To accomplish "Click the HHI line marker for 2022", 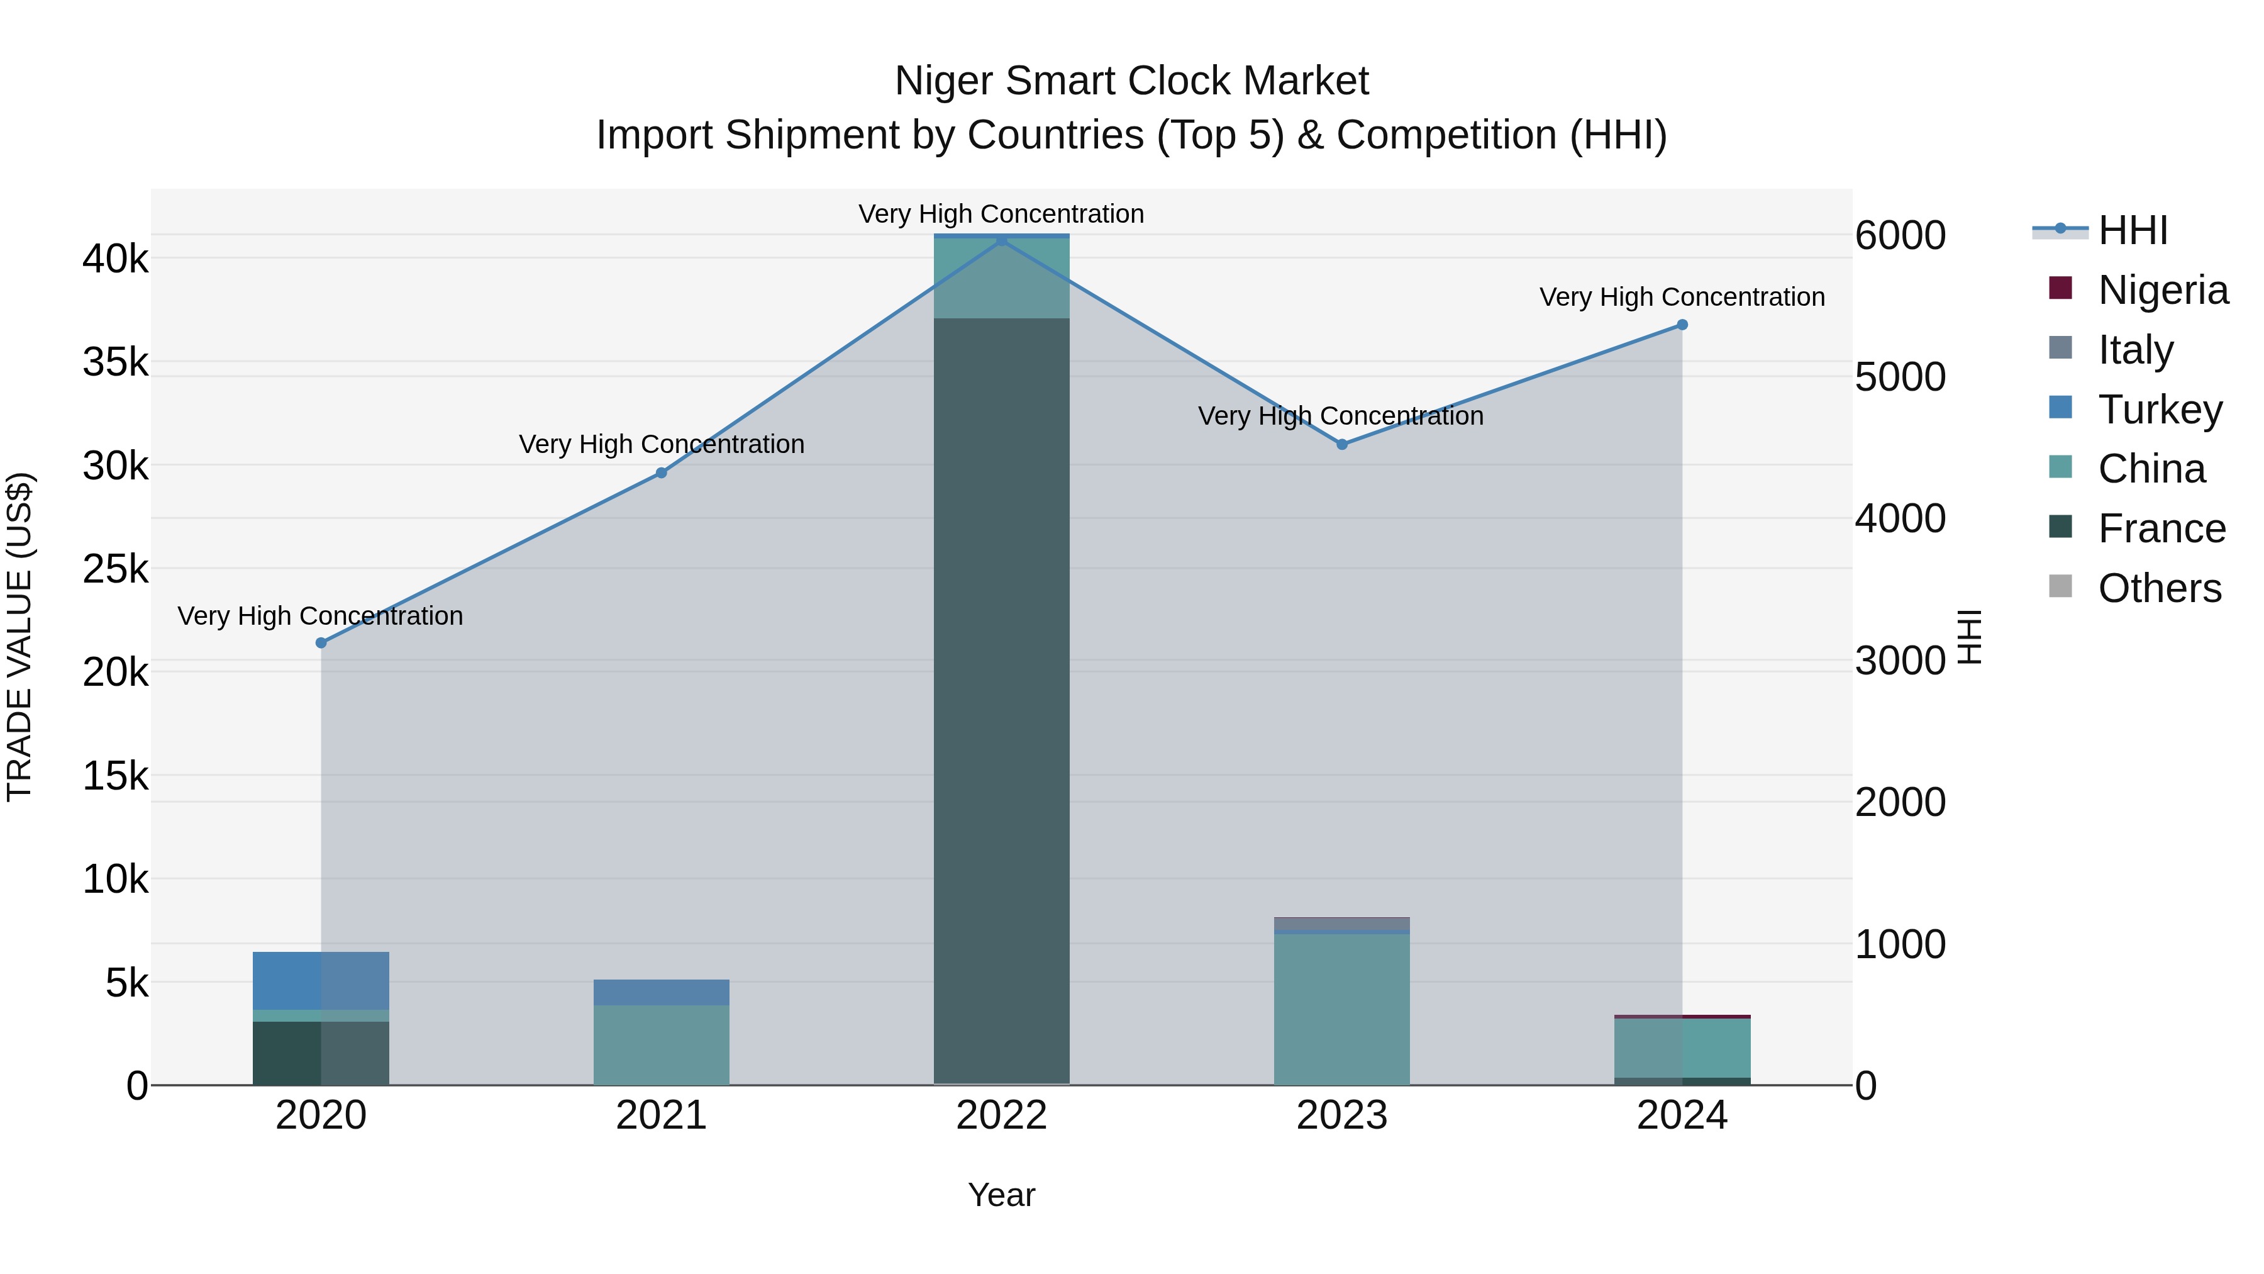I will [x=1001, y=240].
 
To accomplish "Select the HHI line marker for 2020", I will [x=321, y=643].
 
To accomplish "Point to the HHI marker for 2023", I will [x=1342, y=444].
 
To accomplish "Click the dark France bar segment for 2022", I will [x=1001, y=703].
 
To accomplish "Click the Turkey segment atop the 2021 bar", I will [x=661, y=992].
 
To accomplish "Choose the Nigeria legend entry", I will [x=2162, y=289].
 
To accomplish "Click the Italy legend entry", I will [x=2135, y=349].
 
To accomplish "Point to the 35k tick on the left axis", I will [x=116, y=361].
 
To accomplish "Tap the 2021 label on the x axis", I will [x=661, y=1115].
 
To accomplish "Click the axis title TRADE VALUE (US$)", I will [x=19, y=637].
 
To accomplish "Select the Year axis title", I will [x=1001, y=1195].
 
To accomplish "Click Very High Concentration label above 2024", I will [x=1681, y=297].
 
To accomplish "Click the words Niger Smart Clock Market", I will [x=1131, y=81].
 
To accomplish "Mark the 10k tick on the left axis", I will [x=116, y=878].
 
